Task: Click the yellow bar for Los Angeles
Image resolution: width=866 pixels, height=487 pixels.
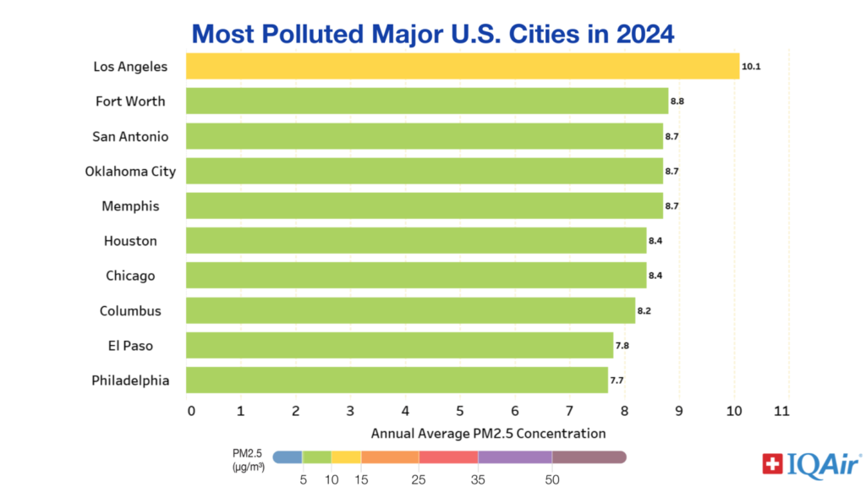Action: pyautogui.click(x=462, y=66)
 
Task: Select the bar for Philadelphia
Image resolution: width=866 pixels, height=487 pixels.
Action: pyautogui.click(x=396, y=380)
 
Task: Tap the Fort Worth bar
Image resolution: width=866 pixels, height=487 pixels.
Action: pyautogui.click(x=426, y=101)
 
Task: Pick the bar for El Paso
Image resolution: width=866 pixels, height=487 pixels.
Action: pyautogui.click(x=398, y=345)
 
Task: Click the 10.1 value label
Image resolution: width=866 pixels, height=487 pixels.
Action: pyautogui.click(x=752, y=66)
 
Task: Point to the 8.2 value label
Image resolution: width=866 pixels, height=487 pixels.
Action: pyautogui.click(x=644, y=310)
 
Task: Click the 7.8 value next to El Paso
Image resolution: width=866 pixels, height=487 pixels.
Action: pyautogui.click(x=622, y=346)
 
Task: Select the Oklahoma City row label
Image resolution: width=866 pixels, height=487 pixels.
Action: pyautogui.click(x=130, y=172)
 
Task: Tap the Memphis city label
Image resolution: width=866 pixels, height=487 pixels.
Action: pyautogui.click(x=130, y=206)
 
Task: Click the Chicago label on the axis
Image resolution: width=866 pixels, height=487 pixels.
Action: pyautogui.click(x=130, y=276)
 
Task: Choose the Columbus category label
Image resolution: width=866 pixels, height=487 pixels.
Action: pyautogui.click(x=130, y=311)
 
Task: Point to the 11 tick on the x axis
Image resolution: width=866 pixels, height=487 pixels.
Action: pyautogui.click(x=782, y=412)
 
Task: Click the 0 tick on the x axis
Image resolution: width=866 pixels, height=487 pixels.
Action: pyautogui.click(x=191, y=412)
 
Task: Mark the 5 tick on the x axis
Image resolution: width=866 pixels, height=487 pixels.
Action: pyautogui.click(x=460, y=412)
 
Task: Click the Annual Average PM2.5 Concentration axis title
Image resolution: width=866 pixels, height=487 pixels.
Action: pyautogui.click(x=488, y=434)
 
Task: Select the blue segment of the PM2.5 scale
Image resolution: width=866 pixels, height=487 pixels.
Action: pyautogui.click(x=288, y=457)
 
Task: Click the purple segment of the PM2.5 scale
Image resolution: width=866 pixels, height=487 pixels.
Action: pyautogui.click(x=514, y=457)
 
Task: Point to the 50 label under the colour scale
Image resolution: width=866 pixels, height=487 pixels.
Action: pyautogui.click(x=551, y=479)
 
